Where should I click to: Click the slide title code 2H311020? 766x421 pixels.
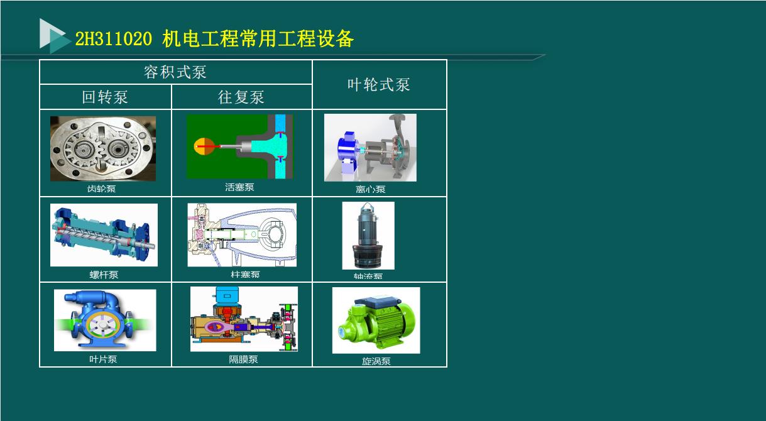point(113,40)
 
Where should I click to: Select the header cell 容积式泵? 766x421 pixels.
point(175,72)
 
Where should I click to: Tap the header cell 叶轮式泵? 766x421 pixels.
point(379,85)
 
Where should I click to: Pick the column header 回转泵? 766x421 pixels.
point(105,97)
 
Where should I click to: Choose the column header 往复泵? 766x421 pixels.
point(241,97)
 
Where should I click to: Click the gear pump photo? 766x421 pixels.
point(103,148)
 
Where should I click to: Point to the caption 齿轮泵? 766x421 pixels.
point(102,189)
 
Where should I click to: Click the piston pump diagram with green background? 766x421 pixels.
point(239,146)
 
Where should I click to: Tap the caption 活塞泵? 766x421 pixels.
point(239,187)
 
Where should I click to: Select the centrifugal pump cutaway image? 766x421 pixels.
point(370,148)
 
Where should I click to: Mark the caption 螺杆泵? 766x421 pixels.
point(104,275)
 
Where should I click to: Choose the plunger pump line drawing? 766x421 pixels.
point(242,235)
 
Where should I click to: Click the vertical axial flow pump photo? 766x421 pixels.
point(368,236)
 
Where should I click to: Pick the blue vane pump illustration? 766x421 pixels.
point(105,320)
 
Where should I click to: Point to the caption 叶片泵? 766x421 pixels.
point(103,359)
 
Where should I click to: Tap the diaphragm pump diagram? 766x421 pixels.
point(244,319)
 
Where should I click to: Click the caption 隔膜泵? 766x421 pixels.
point(243,359)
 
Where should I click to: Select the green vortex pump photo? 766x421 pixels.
point(376,320)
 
